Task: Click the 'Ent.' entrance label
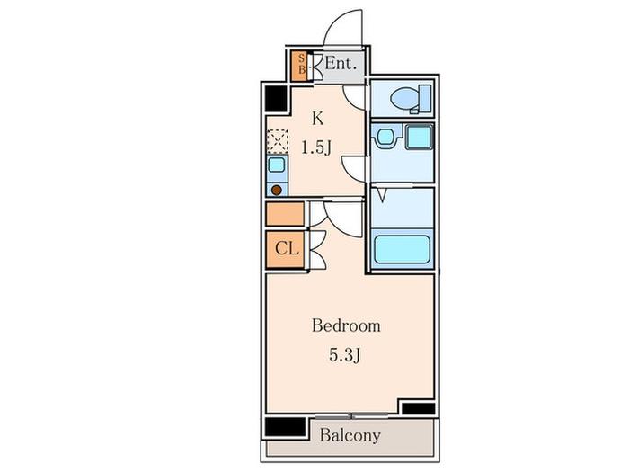click(x=341, y=64)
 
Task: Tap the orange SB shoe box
click(x=299, y=67)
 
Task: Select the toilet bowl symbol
click(x=405, y=98)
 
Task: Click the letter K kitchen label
click(x=318, y=119)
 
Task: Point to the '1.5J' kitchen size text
click(x=316, y=148)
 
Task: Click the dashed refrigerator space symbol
click(x=278, y=141)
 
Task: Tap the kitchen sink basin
click(x=277, y=165)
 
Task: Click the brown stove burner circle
click(x=277, y=191)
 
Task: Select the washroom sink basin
click(x=385, y=137)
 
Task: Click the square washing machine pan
click(x=420, y=137)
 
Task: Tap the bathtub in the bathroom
click(x=403, y=249)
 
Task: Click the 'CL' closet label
click(x=287, y=249)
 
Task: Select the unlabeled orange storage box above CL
click(x=285, y=214)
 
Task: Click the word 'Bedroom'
click(x=346, y=325)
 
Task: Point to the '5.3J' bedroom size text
click(x=345, y=356)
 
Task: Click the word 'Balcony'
click(x=350, y=435)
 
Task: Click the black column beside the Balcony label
click(x=285, y=427)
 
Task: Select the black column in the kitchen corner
click(x=277, y=100)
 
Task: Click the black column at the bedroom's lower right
click(x=419, y=408)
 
